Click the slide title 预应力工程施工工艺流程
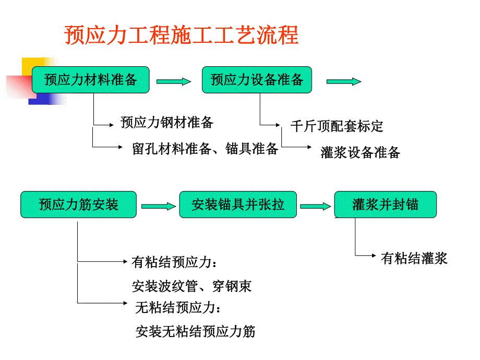point(181,35)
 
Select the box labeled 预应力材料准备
point(91,80)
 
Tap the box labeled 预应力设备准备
point(257,80)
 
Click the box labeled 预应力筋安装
point(78,205)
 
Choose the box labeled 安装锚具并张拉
point(238,205)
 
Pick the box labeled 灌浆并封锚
point(385,205)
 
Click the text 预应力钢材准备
point(167,123)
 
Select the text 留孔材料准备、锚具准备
point(205,149)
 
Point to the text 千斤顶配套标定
point(337,126)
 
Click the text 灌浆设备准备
point(361,152)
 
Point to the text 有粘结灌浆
point(414,258)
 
